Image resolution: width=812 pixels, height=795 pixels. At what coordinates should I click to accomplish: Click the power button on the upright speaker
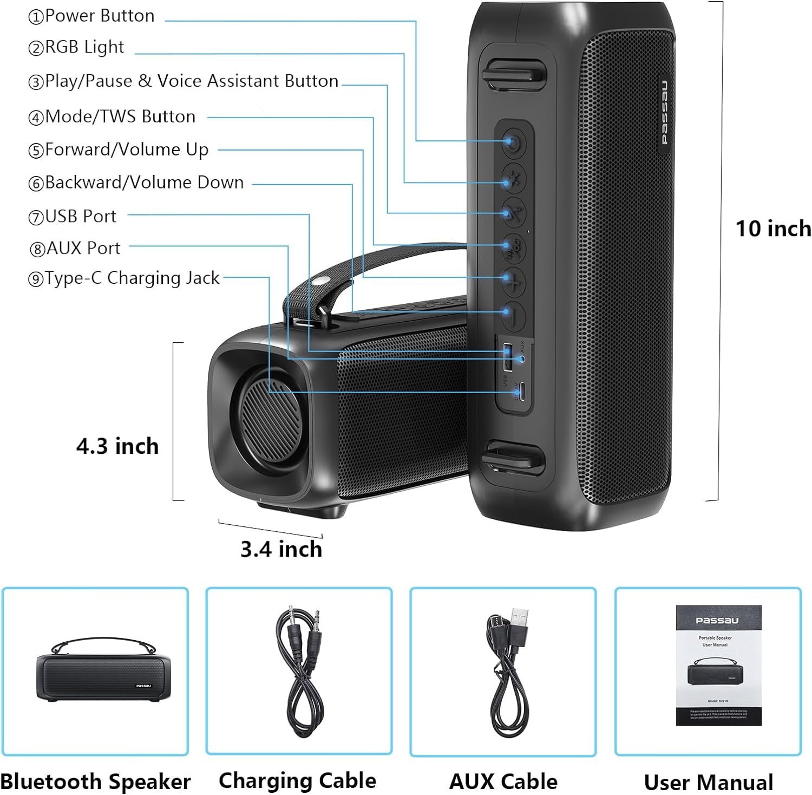point(513,144)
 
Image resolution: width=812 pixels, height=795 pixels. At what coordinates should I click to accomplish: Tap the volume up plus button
point(513,281)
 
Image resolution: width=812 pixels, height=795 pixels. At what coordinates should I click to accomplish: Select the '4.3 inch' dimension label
point(117,446)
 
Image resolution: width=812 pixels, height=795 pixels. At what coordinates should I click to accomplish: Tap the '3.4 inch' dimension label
point(281,549)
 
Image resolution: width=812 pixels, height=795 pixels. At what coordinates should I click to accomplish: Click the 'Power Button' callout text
point(100,16)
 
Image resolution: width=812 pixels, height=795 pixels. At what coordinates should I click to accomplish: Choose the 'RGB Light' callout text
point(84,47)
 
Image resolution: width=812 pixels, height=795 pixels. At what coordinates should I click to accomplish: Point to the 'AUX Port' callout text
point(83,248)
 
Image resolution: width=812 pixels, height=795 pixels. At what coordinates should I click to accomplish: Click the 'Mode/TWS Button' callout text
point(120,116)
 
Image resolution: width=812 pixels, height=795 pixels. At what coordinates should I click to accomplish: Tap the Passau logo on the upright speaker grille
point(664,112)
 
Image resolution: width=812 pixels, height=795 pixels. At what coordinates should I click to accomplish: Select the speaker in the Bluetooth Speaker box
point(103,672)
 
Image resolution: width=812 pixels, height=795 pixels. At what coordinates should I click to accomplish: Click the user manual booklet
point(718,665)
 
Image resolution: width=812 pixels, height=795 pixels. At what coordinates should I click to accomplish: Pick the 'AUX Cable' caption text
point(503,781)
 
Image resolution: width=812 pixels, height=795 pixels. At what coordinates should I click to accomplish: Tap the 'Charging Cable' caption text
point(297,780)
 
